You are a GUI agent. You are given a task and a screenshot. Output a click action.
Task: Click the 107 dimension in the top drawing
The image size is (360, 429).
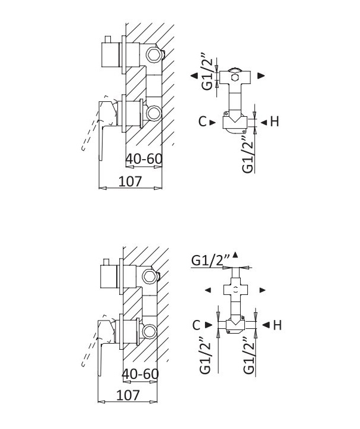pos(131,181)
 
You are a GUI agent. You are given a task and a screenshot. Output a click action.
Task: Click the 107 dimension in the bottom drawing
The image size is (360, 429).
pos(128,395)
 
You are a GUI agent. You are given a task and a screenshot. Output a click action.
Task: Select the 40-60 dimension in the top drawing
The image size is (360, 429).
pos(144,158)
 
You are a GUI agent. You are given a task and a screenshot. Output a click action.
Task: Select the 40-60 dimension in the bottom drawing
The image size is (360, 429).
pos(140,374)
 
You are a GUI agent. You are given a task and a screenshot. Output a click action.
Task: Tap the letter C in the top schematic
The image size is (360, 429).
pos(202,122)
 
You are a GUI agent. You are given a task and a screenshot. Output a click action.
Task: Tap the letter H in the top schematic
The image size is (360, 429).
pos(275,122)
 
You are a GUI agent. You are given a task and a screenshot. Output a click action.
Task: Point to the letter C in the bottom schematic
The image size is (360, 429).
pos(197,325)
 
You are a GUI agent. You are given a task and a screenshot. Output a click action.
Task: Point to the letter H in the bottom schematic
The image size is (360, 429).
pos(277,325)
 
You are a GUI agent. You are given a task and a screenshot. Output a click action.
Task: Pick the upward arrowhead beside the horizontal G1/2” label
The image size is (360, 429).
pos(235,255)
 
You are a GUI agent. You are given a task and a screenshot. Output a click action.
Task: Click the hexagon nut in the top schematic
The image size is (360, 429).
pos(235,77)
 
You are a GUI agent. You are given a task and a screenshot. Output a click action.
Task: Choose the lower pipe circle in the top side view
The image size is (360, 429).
pos(154,113)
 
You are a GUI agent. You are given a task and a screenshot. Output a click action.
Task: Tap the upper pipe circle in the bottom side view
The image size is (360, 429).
pos(150,276)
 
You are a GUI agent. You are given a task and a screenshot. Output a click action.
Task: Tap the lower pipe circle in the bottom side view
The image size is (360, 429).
pos(150,331)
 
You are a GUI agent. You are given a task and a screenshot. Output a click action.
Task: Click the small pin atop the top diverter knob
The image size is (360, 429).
pos(108,39)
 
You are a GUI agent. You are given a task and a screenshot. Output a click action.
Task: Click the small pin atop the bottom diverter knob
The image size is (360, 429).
pos(105,262)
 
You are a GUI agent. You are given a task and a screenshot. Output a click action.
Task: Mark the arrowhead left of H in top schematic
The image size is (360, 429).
pos(263,123)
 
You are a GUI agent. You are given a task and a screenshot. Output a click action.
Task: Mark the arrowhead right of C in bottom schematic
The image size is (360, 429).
pos(209,325)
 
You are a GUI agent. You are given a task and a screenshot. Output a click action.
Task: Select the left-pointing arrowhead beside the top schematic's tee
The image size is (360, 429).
pos(194,76)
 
